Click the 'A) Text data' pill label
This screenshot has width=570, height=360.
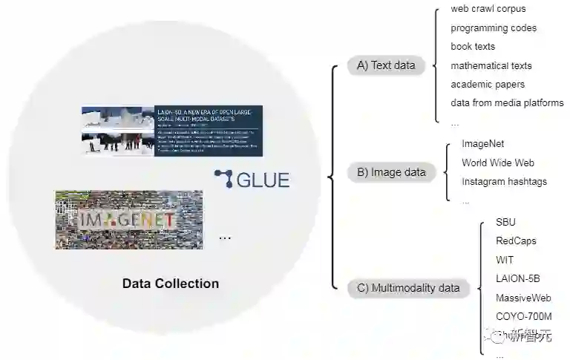[386, 65]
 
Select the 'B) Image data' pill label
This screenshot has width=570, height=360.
[391, 172]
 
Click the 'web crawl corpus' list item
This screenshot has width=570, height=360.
[488, 9]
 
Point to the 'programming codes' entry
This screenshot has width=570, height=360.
[494, 28]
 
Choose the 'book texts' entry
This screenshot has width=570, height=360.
[473, 47]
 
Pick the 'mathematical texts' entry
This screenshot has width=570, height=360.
[491, 65]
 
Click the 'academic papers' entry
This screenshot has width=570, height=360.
[488, 84]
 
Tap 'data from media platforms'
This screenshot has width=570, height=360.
[507, 102]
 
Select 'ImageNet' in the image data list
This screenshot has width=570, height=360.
[483, 143]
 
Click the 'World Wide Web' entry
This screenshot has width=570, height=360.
[498, 163]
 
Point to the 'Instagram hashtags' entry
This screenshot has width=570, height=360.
[504, 182]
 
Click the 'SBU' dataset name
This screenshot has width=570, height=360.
[505, 222]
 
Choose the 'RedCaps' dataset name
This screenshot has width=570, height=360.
[516, 240]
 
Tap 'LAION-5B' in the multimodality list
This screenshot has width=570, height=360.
[518, 278]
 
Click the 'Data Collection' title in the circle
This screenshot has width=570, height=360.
[171, 284]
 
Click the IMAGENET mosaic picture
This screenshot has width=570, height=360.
[128, 220]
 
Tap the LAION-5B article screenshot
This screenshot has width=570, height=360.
[172, 131]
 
